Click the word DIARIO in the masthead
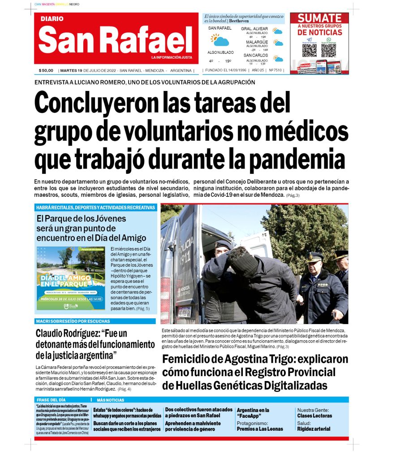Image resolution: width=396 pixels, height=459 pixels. point(52,19)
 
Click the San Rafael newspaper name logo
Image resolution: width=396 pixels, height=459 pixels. point(115,39)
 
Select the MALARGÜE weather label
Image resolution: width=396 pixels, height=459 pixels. point(257,42)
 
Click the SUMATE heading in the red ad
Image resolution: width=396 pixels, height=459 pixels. point(319,18)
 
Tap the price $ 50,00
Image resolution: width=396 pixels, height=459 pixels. point(46,70)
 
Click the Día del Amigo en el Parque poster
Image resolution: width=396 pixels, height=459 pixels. point(71,278)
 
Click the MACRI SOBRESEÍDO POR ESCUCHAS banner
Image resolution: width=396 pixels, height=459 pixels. point(73,321)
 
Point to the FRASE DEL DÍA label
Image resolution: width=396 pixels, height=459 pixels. point(51,399)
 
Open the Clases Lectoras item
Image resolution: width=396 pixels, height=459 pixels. point(314,416)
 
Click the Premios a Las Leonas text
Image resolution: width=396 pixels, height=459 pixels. point(260,429)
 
